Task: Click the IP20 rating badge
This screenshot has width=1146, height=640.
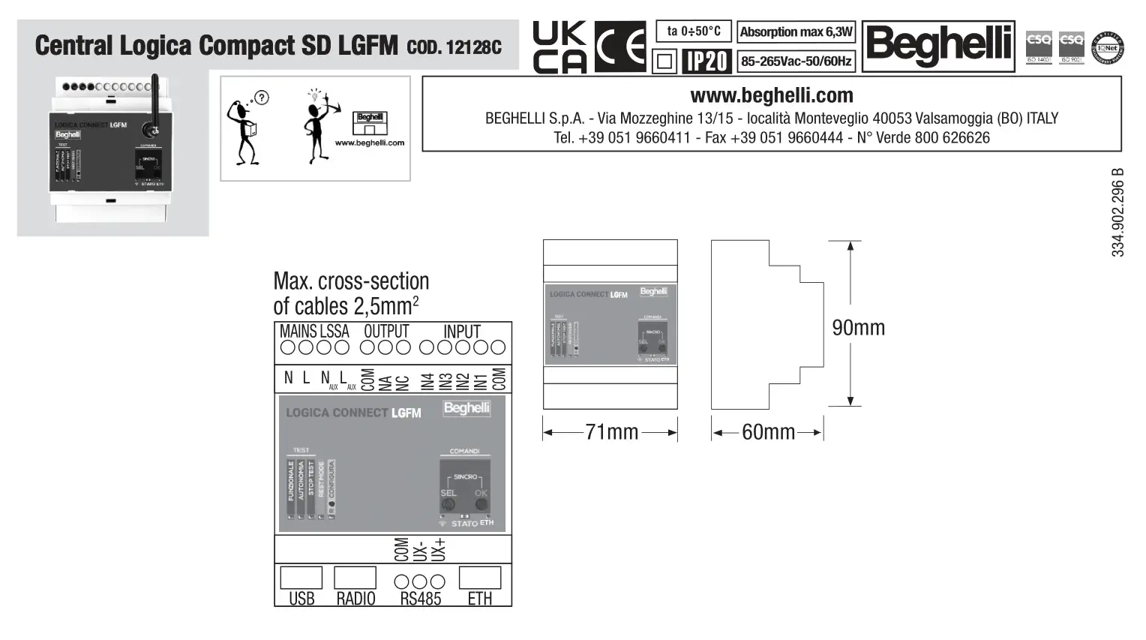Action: click(x=706, y=61)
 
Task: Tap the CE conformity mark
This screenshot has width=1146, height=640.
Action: click(x=620, y=47)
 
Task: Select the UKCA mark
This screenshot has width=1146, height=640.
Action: click(x=559, y=47)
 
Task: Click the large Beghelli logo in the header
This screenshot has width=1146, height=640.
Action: click(x=938, y=46)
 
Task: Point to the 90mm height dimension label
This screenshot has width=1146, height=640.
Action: click(x=858, y=327)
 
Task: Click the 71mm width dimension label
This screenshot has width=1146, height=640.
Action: click(x=611, y=432)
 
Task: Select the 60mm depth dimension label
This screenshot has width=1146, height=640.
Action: click(x=768, y=432)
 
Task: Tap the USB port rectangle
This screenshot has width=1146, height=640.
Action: click(x=301, y=578)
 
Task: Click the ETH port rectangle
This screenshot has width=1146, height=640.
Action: click(x=479, y=578)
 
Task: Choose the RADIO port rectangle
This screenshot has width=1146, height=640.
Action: click(x=355, y=578)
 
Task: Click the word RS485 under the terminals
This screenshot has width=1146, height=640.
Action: click(x=420, y=599)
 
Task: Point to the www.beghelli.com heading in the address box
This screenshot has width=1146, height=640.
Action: click(x=771, y=95)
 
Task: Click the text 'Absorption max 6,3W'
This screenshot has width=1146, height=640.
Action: click(x=796, y=32)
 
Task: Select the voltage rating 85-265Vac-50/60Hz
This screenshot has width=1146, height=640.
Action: click(x=796, y=61)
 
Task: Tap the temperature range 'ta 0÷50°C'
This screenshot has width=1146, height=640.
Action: click(x=693, y=31)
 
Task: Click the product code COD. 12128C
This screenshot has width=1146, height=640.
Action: click(x=454, y=47)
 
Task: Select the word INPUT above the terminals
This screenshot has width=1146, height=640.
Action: click(x=461, y=331)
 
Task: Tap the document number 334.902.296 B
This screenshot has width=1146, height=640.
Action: click(x=1117, y=213)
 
